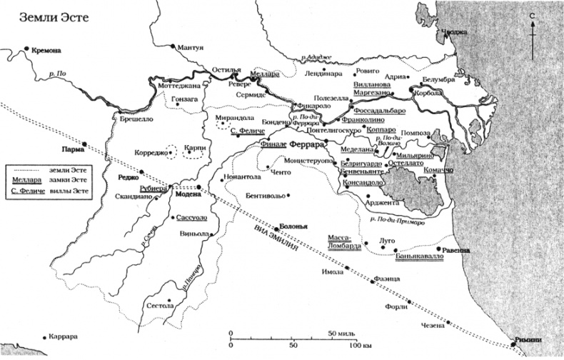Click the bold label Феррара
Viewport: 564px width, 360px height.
[x=308, y=144]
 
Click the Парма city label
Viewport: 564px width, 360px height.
[x=70, y=150]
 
